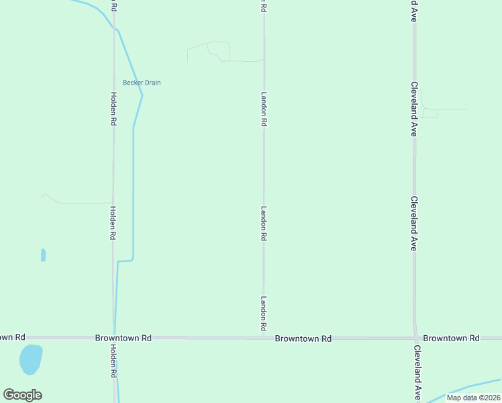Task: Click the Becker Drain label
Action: click(x=142, y=83)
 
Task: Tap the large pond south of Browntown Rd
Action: click(x=31, y=359)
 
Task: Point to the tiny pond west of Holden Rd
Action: click(x=44, y=255)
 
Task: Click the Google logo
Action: click(x=22, y=395)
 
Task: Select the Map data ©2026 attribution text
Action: click(x=473, y=398)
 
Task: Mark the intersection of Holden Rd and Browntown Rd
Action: click(x=113, y=337)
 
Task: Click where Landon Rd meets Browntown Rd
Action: click(x=264, y=338)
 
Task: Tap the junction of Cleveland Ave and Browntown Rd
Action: click(x=415, y=338)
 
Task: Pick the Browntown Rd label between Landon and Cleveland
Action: click(x=303, y=339)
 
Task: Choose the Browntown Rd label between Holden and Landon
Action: click(x=123, y=338)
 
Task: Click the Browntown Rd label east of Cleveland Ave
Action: click(x=451, y=338)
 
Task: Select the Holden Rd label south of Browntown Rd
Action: click(x=113, y=360)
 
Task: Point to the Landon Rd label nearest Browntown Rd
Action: click(x=264, y=313)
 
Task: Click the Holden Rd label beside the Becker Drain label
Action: click(x=113, y=108)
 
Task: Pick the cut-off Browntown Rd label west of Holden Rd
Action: click(x=12, y=337)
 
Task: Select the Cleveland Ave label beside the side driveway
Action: click(x=415, y=109)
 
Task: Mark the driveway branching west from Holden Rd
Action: click(x=81, y=202)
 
